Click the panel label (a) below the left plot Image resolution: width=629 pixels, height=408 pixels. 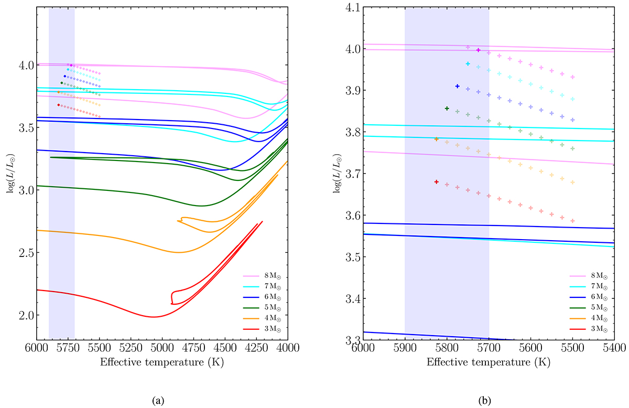click(x=157, y=401)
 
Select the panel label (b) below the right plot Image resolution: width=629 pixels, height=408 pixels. click(x=483, y=401)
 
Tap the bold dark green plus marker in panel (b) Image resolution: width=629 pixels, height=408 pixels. click(x=447, y=109)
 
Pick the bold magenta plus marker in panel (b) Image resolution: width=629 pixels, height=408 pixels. click(x=478, y=50)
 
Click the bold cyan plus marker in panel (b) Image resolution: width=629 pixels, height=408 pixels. click(x=468, y=63)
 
